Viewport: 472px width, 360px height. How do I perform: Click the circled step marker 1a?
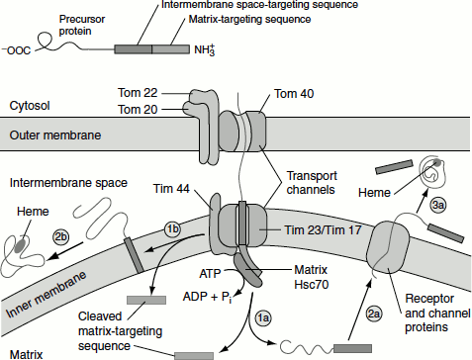[x=263, y=318]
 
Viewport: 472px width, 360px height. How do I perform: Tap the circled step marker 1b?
[x=172, y=229]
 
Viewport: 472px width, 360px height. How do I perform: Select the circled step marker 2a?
[x=374, y=314]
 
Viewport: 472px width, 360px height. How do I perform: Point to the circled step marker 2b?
[x=60, y=236]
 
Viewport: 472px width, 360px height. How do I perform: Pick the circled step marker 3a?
[x=438, y=205]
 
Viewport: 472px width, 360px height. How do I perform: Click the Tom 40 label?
[x=294, y=94]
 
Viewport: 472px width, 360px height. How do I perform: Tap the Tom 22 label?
[x=138, y=93]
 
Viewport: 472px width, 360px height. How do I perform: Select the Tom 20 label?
[x=138, y=109]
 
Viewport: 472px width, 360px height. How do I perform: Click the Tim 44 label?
[x=171, y=188]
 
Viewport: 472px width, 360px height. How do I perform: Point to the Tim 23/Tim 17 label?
[x=323, y=229]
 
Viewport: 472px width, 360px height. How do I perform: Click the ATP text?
[x=210, y=274]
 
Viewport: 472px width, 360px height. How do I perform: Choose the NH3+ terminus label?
[x=205, y=50]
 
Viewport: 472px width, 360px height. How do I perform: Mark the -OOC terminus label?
[x=17, y=50]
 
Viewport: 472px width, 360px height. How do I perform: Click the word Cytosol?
[x=30, y=106]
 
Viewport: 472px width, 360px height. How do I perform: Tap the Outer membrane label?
[x=55, y=135]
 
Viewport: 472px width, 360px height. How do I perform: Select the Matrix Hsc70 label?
[x=311, y=277]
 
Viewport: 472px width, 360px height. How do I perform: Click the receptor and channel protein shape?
[x=388, y=247]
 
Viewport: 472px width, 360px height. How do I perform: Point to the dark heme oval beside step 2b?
[x=21, y=245]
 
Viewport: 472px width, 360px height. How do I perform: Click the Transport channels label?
[x=312, y=183]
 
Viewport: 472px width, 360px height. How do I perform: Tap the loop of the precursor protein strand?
[x=46, y=42]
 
